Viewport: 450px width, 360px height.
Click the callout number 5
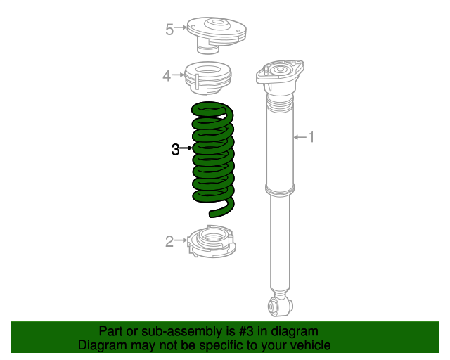[169, 29]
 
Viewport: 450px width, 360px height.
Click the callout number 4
[167, 75]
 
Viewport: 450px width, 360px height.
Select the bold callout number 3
[175, 148]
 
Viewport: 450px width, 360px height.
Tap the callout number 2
[169, 242]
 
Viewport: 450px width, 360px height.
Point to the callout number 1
[311, 137]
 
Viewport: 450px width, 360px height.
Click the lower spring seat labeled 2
[212, 243]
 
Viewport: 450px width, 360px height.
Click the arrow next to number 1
[299, 137]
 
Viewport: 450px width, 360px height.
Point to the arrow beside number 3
[186, 148]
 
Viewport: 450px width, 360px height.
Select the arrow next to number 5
[181, 29]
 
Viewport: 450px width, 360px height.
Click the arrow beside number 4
[178, 75]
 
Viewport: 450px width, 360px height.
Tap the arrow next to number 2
[180, 242]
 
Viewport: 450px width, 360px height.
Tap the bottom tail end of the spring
[214, 212]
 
